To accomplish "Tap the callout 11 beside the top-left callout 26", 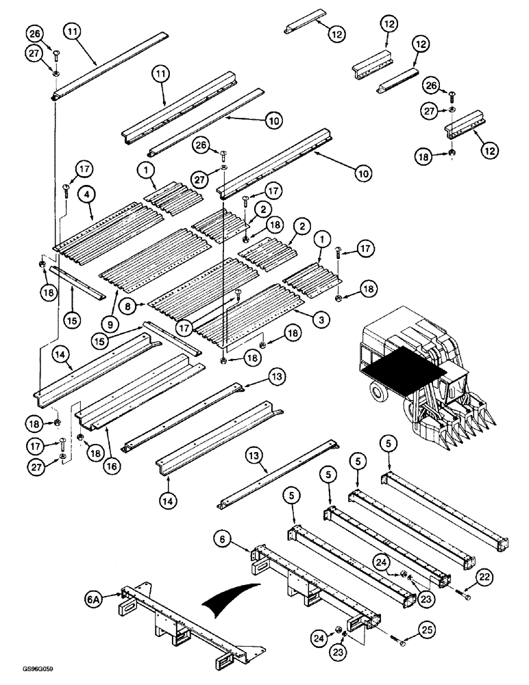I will click(73, 32).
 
